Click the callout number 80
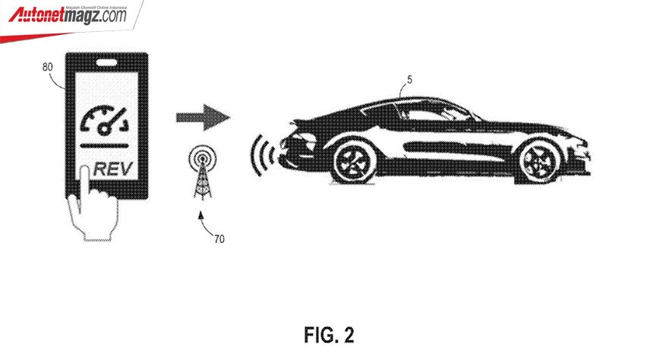pyautogui.click(x=47, y=66)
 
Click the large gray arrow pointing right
pyautogui.click(x=203, y=118)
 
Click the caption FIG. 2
pyautogui.click(x=330, y=334)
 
